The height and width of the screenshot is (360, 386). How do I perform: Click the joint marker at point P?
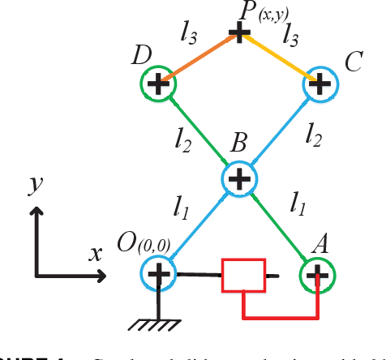pyautogui.click(x=239, y=34)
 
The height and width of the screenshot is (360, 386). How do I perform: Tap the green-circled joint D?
pyautogui.click(x=158, y=83)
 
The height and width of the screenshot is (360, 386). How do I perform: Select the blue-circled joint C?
pyautogui.click(x=320, y=83)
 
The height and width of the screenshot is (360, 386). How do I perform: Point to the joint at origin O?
pyautogui.click(x=158, y=274)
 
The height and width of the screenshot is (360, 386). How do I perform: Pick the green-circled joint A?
pyautogui.click(x=319, y=274)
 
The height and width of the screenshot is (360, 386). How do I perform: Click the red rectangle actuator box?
pyautogui.click(x=244, y=276)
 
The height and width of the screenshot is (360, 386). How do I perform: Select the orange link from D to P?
pyautogui.click(x=199, y=58)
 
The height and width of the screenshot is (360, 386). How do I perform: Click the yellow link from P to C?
pyautogui.click(x=280, y=58)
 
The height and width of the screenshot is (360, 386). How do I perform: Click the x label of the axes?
pyautogui.click(x=96, y=252)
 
